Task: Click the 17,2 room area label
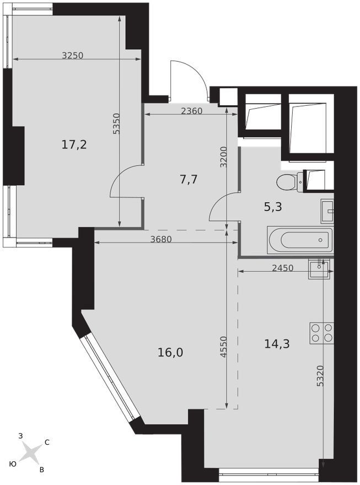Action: pos(74,144)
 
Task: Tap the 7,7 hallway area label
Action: pos(189,179)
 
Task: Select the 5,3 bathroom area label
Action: pos(273,207)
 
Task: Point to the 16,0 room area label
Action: pos(170,352)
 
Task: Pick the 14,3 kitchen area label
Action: pos(277,343)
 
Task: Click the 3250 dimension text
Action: pos(73,55)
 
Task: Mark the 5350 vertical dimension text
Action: pos(116,123)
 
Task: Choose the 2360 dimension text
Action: pos(191,111)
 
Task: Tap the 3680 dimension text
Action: pos(161,239)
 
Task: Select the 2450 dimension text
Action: pos(282,268)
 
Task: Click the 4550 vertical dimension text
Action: pos(224,347)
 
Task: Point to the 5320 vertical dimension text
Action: pos(320,376)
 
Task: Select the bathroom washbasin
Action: pos(327,211)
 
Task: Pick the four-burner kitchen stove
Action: pos(321,333)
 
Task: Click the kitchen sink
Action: pos(319,269)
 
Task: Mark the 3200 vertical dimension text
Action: pos(224,157)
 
